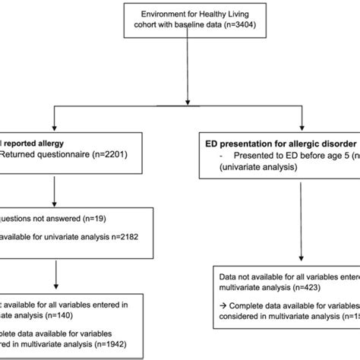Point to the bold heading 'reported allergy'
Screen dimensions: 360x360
[x=36, y=143]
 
